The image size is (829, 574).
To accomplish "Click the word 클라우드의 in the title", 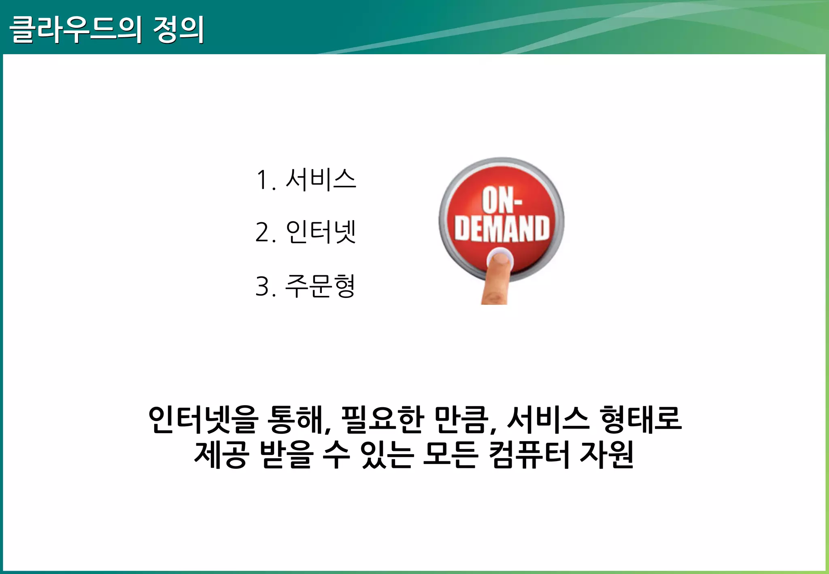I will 75,29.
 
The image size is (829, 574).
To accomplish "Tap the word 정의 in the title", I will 178,29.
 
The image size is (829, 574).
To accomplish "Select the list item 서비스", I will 321,179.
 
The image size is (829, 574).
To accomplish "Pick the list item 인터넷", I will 321,232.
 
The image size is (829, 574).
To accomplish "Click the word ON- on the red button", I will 502,200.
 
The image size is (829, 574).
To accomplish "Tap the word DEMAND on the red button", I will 502,229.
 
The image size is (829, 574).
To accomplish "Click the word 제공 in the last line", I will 220,455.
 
